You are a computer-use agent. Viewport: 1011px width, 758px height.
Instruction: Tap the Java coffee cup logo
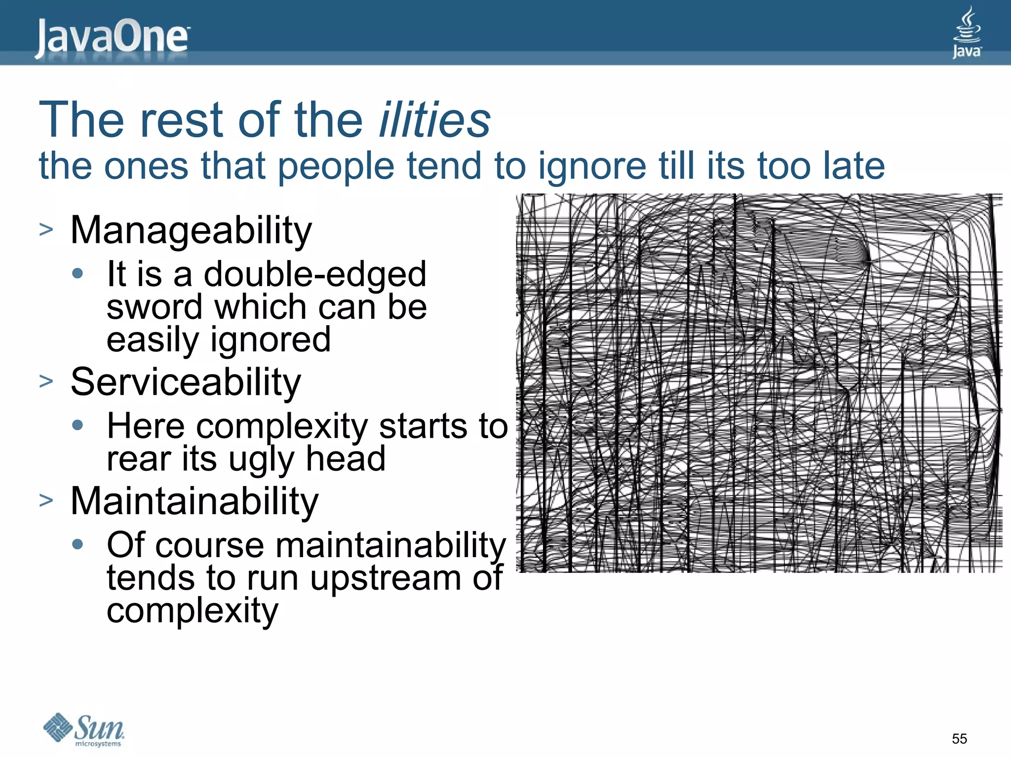(x=966, y=33)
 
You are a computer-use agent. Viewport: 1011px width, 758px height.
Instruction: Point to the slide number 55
(x=959, y=739)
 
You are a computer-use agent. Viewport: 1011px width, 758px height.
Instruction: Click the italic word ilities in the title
(x=434, y=120)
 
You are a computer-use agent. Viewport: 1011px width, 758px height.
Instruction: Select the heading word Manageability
(x=191, y=230)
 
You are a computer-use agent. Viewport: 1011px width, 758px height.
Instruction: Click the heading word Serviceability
(x=186, y=382)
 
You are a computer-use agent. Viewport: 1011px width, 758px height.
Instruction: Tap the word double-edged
(x=315, y=274)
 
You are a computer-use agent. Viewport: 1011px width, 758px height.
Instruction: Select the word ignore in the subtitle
(x=592, y=167)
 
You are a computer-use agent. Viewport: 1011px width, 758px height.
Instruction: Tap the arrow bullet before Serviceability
(x=46, y=381)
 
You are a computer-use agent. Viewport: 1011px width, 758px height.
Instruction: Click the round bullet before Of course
(x=78, y=544)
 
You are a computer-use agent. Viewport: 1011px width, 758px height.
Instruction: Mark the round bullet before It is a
(x=78, y=273)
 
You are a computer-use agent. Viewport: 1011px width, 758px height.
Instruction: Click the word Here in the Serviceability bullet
(x=146, y=426)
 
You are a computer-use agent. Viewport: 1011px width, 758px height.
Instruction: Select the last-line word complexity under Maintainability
(x=193, y=611)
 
